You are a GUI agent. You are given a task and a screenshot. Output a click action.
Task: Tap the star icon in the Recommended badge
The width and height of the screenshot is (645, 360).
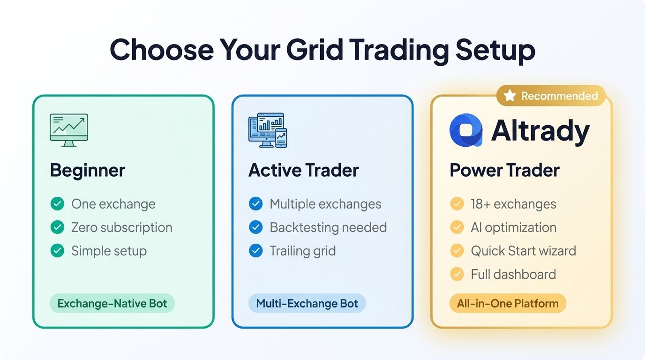pos(510,96)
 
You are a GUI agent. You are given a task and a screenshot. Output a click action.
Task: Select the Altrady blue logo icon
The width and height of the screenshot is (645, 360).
pos(466,130)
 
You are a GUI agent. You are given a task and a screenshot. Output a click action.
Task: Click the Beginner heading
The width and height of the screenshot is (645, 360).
pos(88,170)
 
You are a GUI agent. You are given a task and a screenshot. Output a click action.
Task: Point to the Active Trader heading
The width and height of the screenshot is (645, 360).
pos(303,170)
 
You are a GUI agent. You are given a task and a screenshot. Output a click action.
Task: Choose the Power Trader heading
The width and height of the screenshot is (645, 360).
pos(504,170)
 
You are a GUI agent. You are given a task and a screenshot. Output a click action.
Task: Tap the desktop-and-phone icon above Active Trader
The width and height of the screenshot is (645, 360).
pos(267,130)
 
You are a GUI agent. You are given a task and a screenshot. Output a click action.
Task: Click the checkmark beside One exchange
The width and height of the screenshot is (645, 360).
pos(57,204)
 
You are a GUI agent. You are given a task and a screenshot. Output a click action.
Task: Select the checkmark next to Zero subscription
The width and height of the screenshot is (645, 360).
pos(57,227)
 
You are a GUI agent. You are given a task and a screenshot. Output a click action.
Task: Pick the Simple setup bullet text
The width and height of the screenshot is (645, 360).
pos(109,251)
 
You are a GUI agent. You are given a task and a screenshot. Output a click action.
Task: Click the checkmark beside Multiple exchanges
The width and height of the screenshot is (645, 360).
pos(255,204)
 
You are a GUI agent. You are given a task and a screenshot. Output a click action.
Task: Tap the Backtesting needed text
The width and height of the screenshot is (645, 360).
pos(328,227)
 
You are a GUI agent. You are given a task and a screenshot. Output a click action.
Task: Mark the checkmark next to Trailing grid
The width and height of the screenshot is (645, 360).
pos(255,251)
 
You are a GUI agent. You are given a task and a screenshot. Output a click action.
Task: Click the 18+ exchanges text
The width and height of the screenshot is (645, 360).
pos(513,204)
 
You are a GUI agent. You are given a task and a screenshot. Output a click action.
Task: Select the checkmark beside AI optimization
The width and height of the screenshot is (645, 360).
pos(457,227)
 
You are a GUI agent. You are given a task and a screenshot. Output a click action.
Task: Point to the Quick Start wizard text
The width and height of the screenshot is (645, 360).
pos(523,251)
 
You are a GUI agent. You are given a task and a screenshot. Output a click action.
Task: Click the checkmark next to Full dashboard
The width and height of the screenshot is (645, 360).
pos(457,274)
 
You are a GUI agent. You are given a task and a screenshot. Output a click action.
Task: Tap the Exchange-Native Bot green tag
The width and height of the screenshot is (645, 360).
pos(112,303)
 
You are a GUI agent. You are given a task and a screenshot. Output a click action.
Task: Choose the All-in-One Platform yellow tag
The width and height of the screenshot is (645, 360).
pos(508,303)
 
